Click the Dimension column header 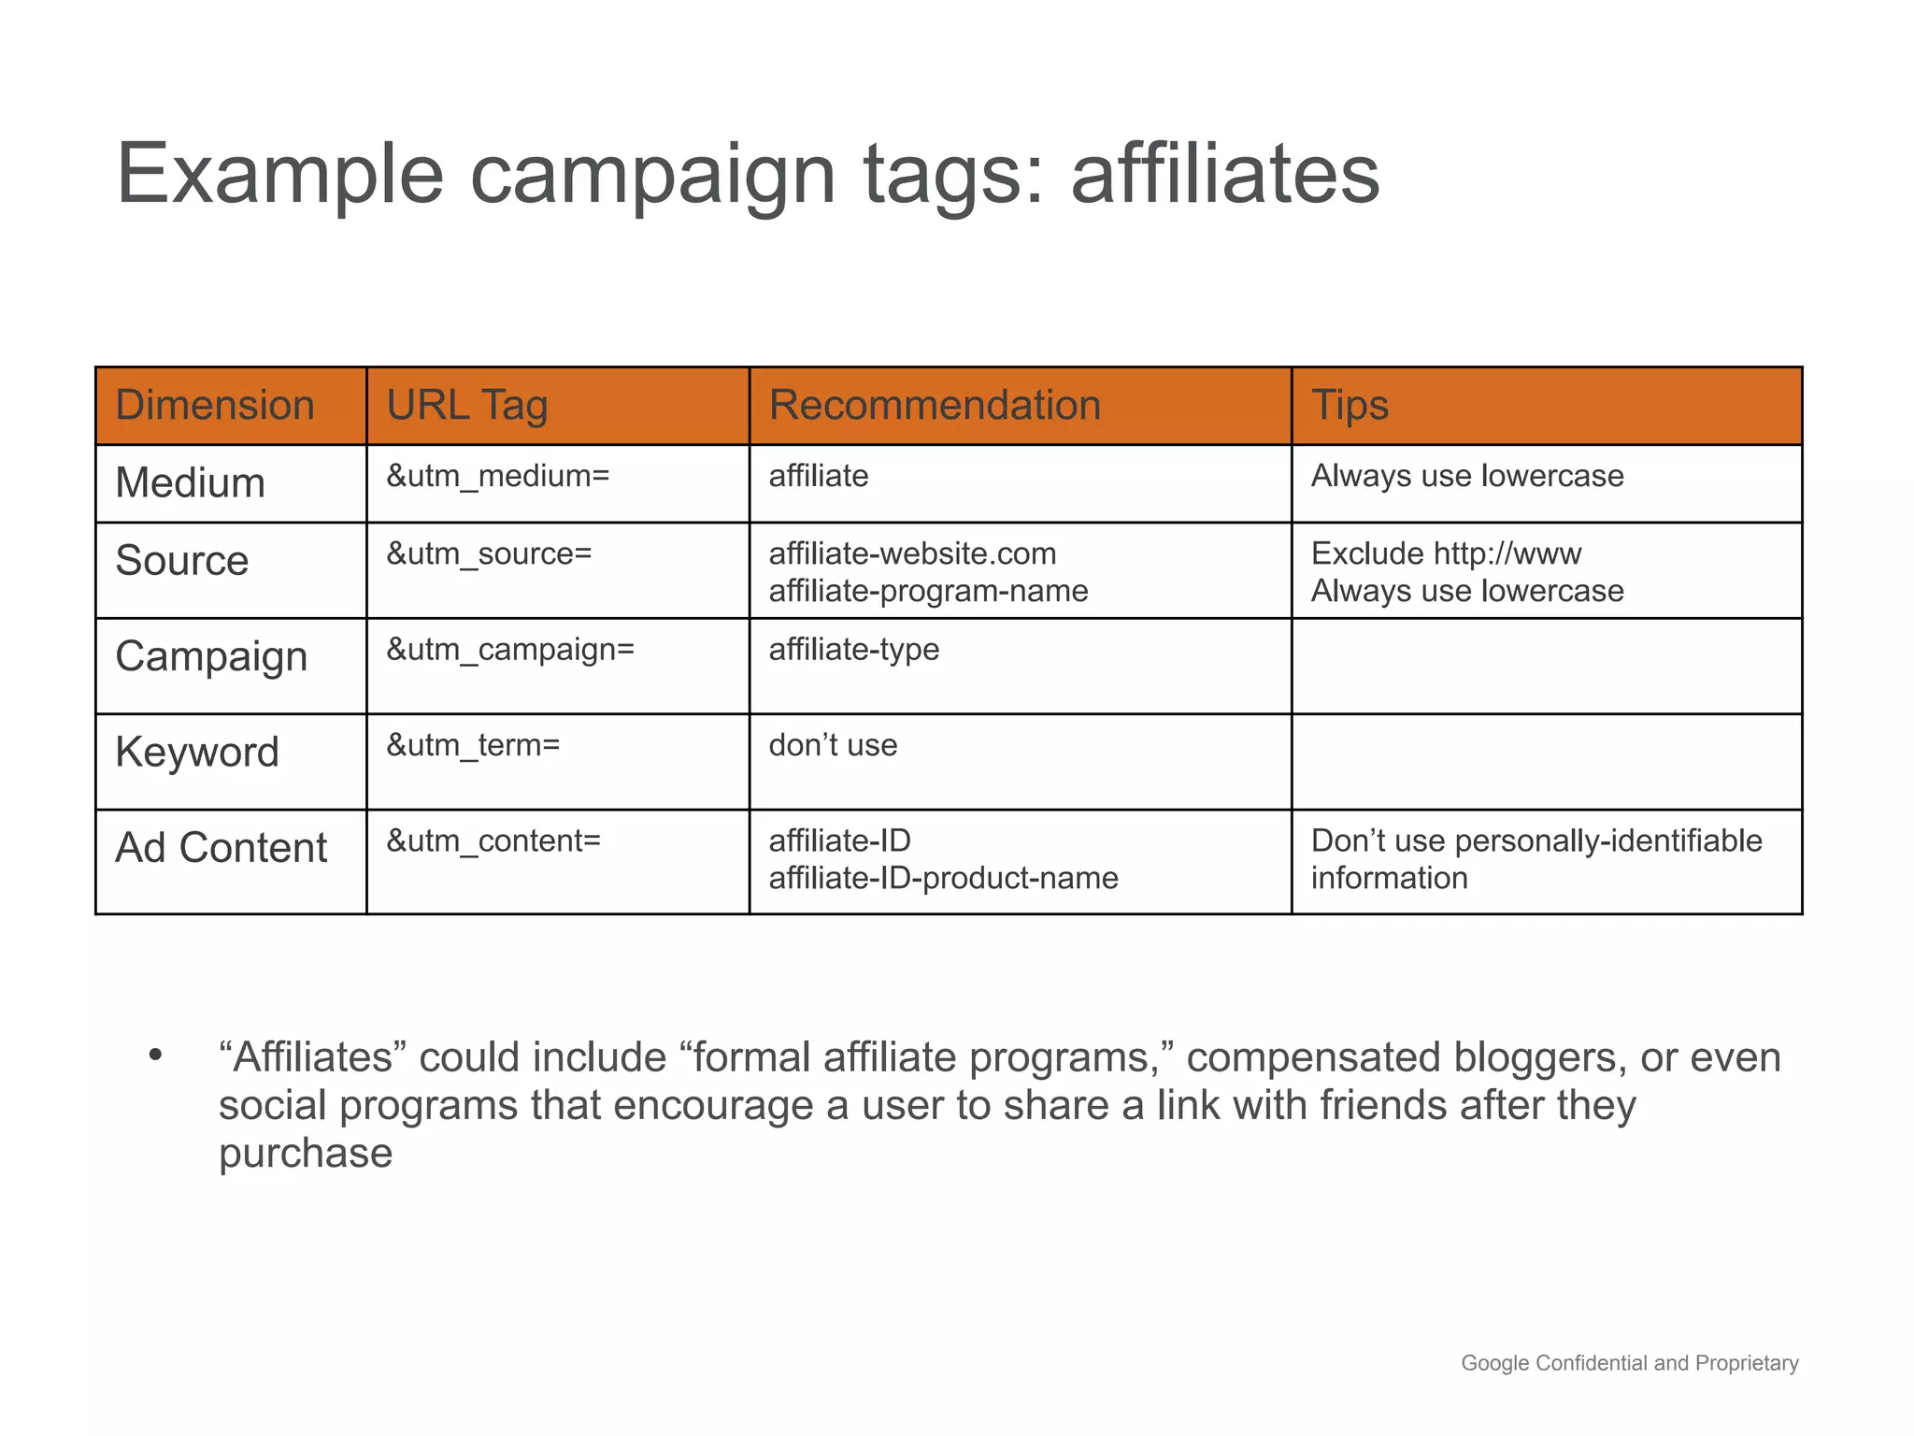pyautogui.click(x=215, y=406)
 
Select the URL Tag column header pyautogui.click(x=466, y=406)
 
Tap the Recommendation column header pyautogui.click(x=935, y=406)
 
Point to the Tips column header pyautogui.click(x=1350, y=406)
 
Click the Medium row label pyautogui.click(x=191, y=483)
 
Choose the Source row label pyautogui.click(x=182, y=561)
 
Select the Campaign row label pyautogui.click(x=211, y=656)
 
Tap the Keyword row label pyautogui.click(x=197, y=753)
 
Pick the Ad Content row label pyautogui.click(x=221, y=848)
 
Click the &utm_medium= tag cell pyautogui.click(x=498, y=476)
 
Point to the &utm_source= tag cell pyautogui.click(x=490, y=553)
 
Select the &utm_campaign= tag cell pyautogui.click(x=510, y=649)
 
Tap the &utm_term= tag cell pyautogui.click(x=474, y=745)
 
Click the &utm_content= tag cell pyautogui.click(x=493, y=840)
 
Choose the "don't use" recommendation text pyautogui.click(x=833, y=745)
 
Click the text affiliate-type pyautogui.click(x=853, y=649)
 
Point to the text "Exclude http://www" pyautogui.click(x=1446, y=553)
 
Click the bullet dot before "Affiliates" pyautogui.click(x=155, y=1055)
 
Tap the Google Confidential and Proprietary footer pyautogui.click(x=1629, y=1363)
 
